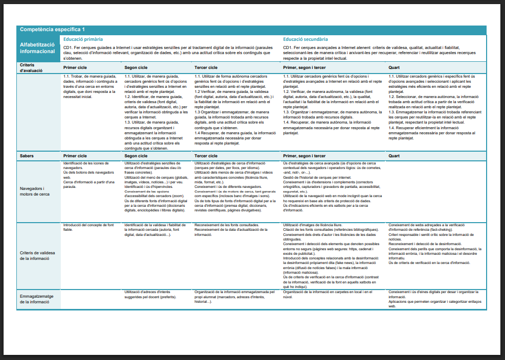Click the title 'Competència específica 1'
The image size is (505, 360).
pos(52,30)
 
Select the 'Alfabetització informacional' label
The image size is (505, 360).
pos(37,48)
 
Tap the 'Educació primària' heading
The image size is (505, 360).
pos(83,39)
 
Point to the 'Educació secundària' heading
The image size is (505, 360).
pos(306,39)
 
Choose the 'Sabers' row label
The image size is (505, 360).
pos(27,155)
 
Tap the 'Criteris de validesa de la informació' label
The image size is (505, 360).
pos(37,255)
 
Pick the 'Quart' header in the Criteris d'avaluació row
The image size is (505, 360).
pos(394,67)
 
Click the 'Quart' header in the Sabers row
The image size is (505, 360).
pos(394,155)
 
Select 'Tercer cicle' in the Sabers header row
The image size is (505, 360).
pos(206,155)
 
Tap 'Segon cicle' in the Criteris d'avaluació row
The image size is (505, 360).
pos(136,67)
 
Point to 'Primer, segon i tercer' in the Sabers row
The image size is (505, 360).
pos(304,155)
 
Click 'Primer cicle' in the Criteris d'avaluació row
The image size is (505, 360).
pos(75,67)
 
